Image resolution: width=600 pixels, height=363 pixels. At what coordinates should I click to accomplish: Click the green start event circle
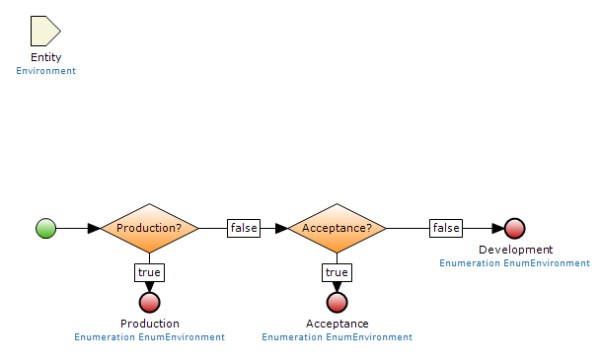(45, 229)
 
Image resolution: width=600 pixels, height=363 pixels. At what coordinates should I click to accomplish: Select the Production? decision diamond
(150, 229)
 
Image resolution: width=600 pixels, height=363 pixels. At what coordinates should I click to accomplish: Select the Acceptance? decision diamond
(337, 229)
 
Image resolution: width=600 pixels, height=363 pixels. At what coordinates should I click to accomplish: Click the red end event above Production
(150, 302)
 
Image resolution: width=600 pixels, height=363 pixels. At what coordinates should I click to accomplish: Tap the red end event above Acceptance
(337, 302)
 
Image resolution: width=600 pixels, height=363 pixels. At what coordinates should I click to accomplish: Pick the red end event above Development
(515, 229)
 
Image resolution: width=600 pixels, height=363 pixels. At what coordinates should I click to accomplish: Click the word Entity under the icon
(45, 58)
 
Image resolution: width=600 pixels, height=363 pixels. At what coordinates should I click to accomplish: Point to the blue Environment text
(45, 71)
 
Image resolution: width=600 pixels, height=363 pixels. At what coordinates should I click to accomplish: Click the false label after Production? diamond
(244, 229)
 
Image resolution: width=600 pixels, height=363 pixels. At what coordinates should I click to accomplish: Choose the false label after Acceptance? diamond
(446, 229)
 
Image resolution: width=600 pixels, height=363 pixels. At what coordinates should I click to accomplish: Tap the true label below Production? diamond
(150, 272)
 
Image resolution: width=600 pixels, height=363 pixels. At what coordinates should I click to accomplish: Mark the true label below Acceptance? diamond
(337, 272)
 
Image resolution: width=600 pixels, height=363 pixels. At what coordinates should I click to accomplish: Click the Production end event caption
(150, 324)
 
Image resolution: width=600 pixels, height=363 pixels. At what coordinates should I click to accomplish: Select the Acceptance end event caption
(337, 324)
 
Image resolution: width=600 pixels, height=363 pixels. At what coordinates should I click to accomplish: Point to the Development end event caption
(515, 251)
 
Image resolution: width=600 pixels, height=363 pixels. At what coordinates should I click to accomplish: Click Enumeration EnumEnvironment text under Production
(150, 337)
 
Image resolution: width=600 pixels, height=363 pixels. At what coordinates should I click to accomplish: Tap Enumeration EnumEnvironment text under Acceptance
(337, 337)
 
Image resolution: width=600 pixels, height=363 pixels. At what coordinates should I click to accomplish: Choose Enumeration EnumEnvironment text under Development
(515, 263)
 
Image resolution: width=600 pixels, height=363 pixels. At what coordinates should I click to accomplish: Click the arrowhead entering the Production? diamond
(94, 229)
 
